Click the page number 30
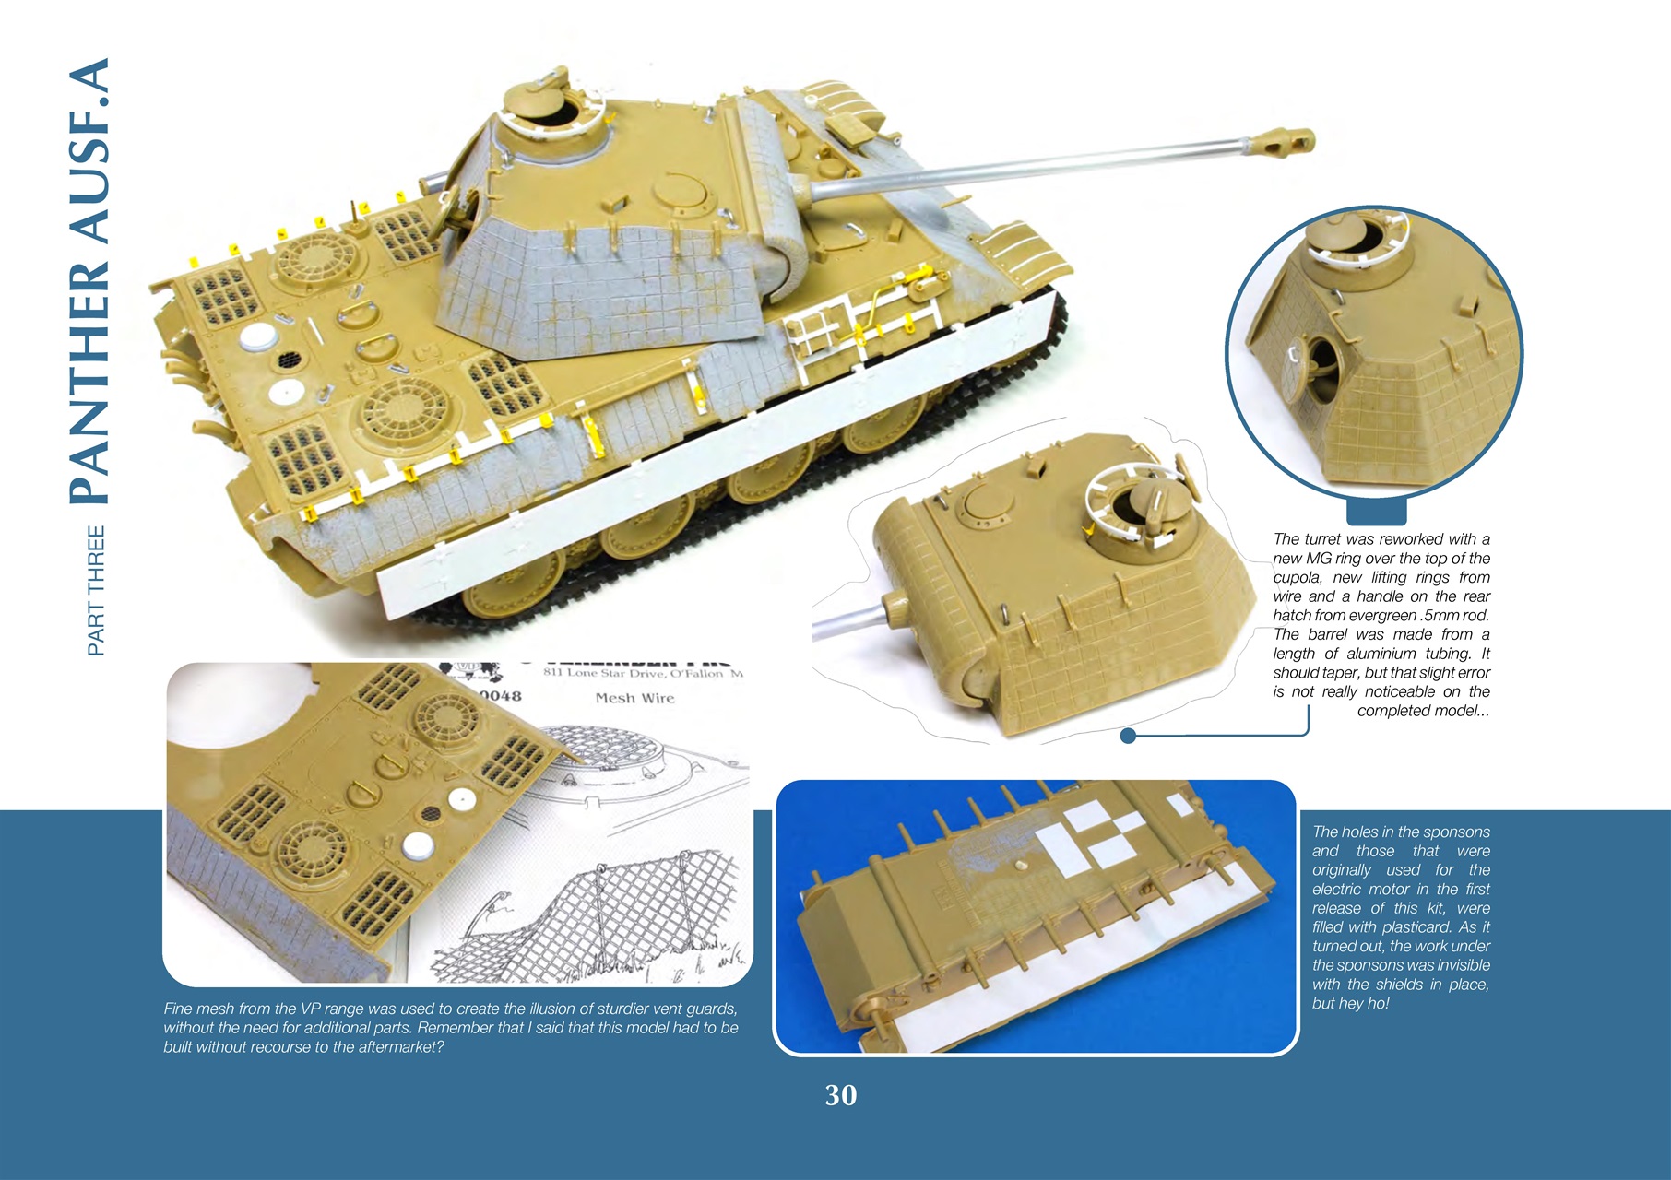(x=840, y=1094)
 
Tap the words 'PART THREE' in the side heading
(x=96, y=591)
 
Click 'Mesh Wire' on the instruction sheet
(x=634, y=698)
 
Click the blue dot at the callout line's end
(x=1127, y=736)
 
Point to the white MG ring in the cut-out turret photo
(x=1111, y=489)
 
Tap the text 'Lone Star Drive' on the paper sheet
(x=619, y=673)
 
